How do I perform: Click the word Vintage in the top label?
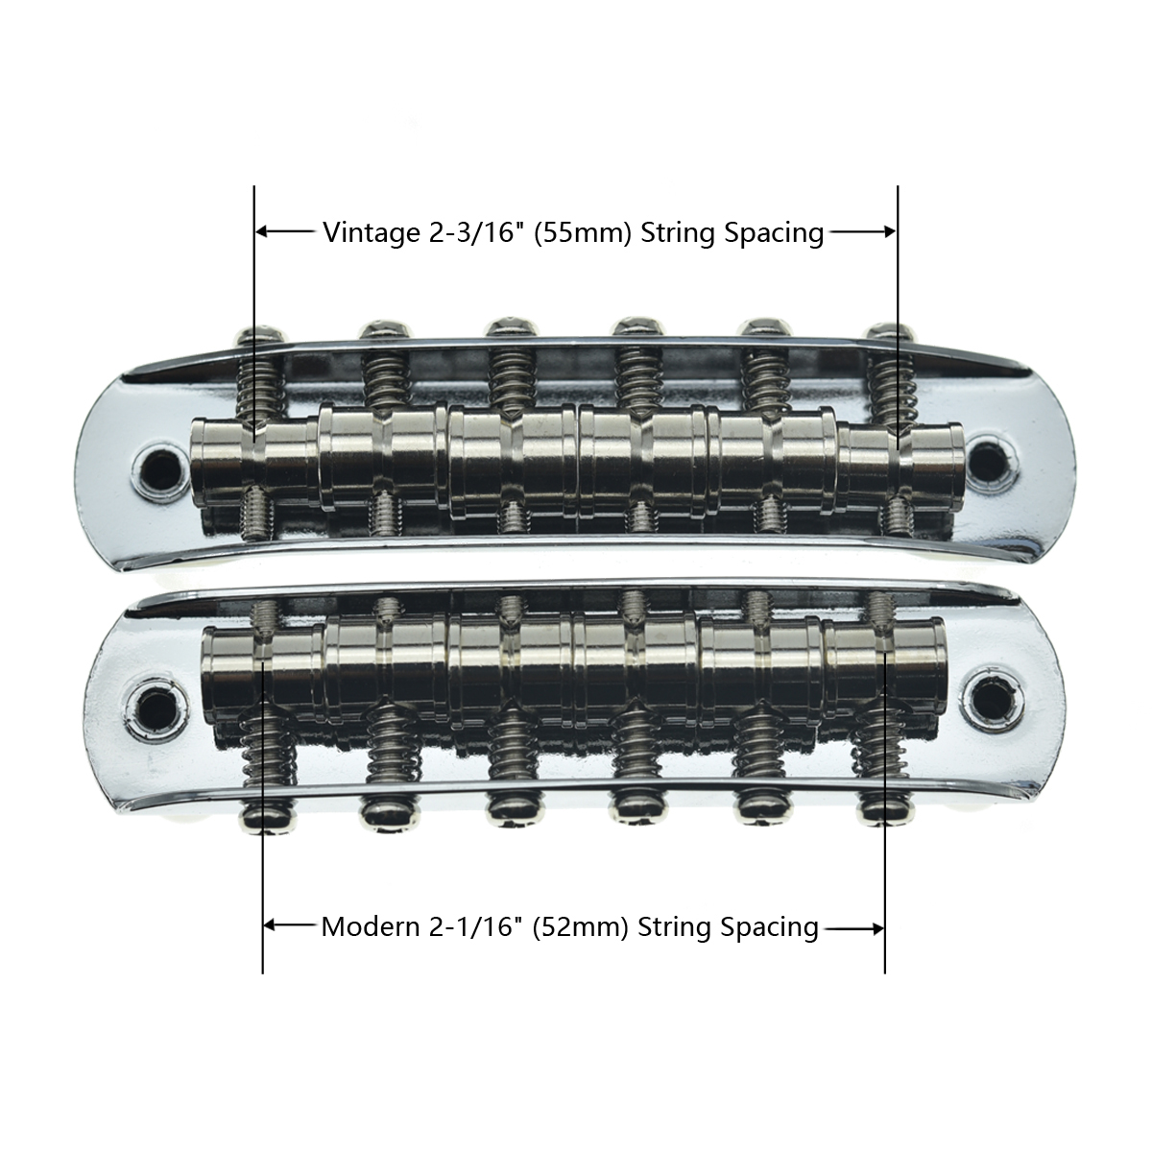pyautogui.click(x=372, y=232)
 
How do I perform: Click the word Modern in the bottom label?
pyautogui.click(x=370, y=926)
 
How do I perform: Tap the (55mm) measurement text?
pyautogui.click(x=583, y=232)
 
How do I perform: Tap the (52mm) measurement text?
pyautogui.click(x=580, y=927)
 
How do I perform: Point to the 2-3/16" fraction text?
pyautogui.click(x=476, y=232)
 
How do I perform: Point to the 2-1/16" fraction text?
pyautogui.click(x=474, y=926)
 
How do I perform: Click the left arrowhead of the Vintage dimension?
pyautogui.click(x=262, y=231)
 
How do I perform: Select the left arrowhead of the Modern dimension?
pyautogui.click(x=270, y=926)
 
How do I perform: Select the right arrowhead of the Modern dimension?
pyautogui.click(x=877, y=928)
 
